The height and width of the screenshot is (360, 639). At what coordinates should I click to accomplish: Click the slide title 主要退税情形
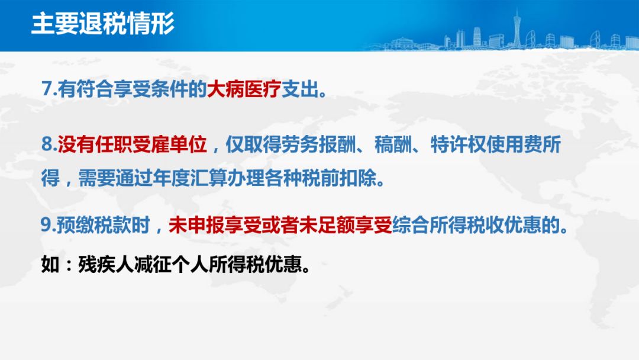pos(103,23)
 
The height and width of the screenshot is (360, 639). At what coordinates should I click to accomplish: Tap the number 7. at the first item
pos(49,88)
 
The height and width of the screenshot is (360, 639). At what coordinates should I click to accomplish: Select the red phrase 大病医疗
pos(244,88)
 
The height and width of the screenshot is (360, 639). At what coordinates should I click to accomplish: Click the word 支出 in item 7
pos(300,88)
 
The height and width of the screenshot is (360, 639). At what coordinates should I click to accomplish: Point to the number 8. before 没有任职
pos(49,144)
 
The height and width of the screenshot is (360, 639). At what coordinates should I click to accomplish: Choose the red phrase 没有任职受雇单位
pos(132,144)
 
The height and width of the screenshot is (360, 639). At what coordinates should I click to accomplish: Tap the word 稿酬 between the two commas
pos(393,144)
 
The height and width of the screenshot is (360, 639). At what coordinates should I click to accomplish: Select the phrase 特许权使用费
pos(486,144)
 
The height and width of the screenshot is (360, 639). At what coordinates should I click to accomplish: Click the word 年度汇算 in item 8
pos(189,178)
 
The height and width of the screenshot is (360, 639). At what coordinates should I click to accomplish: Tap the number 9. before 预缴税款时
pos(48,225)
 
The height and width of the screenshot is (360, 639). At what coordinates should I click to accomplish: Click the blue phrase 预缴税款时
pos(103,225)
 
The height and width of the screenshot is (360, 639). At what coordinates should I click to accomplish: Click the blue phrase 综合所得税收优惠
pos(467,225)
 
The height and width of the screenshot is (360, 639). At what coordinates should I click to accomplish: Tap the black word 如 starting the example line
pos(50,265)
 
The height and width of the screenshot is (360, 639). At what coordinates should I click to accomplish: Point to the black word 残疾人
pos(106,265)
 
